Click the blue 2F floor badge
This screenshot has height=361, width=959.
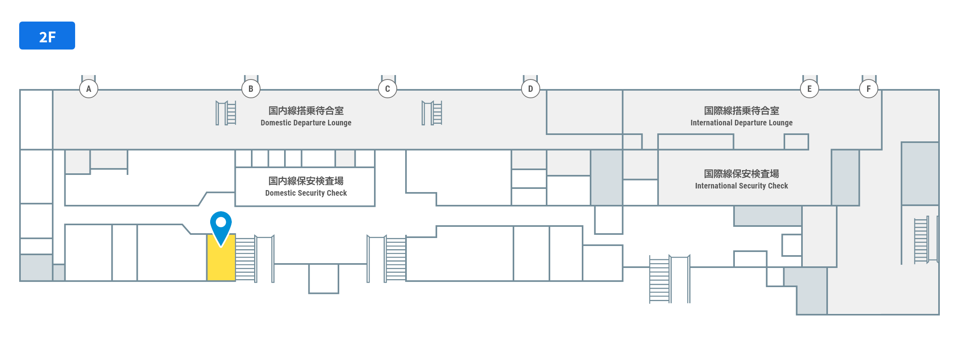point(47,36)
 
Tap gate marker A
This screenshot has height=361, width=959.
point(89,89)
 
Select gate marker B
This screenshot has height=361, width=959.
point(251,89)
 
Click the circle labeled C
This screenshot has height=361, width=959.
point(388,89)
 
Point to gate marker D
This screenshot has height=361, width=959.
point(531,89)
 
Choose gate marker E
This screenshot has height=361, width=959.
point(810,89)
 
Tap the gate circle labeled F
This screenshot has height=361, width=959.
point(869,89)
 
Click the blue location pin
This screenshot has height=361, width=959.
point(221,226)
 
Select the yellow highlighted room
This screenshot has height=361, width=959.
point(221,264)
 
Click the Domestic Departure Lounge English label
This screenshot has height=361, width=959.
point(306,123)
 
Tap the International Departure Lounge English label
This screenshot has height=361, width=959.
point(742,123)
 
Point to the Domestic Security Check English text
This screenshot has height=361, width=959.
point(306,193)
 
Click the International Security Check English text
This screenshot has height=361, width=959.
point(742,186)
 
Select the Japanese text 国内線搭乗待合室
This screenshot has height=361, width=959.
point(306,111)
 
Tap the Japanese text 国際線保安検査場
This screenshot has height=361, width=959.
point(742,174)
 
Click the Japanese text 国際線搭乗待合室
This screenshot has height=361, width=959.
point(742,111)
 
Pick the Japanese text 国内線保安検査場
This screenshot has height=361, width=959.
point(306,181)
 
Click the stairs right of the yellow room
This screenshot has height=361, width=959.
point(245,259)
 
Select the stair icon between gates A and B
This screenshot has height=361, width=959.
point(226,113)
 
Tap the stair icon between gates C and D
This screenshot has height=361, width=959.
point(432,113)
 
